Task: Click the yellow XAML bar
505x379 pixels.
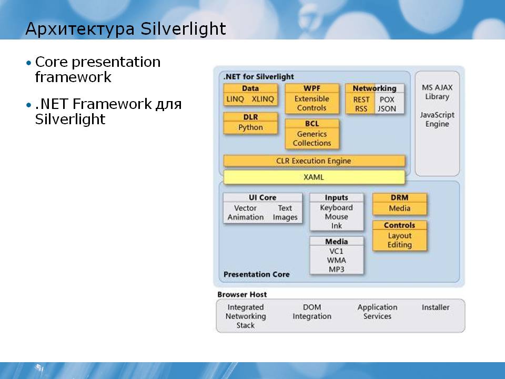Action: (x=314, y=177)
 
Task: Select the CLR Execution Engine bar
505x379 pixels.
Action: (x=314, y=161)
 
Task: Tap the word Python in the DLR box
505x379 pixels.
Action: (x=250, y=127)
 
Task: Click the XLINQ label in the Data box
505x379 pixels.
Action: (x=263, y=99)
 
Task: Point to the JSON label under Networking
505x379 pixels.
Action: (x=387, y=109)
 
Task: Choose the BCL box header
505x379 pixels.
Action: (x=312, y=123)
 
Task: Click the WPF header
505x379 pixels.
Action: (x=312, y=88)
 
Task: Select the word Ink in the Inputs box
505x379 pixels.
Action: (x=337, y=226)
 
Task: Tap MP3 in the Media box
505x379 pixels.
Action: (x=337, y=269)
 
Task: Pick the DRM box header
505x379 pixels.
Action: (x=400, y=197)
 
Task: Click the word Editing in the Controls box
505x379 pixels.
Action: (x=400, y=245)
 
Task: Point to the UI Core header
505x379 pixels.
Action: (x=262, y=197)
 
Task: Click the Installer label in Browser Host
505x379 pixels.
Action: (x=436, y=307)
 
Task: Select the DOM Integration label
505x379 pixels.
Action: (x=312, y=312)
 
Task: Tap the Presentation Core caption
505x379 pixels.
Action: (x=256, y=274)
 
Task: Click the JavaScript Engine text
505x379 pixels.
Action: (x=437, y=119)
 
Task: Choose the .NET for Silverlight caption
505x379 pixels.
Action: (x=259, y=77)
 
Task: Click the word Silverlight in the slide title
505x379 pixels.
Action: (x=183, y=28)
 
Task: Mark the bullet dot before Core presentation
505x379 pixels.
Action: (x=29, y=62)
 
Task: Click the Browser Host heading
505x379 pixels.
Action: (x=242, y=294)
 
